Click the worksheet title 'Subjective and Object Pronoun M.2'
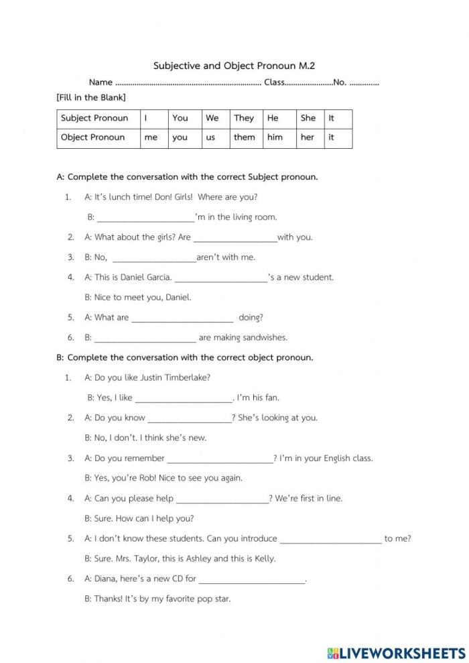(x=234, y=66)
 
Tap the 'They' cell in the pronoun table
(x=244, y=118)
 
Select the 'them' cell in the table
(x=244, y=137)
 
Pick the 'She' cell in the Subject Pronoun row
(x=308, y=118)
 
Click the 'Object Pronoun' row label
(x=93, y=137)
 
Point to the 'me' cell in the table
(x=151, y=137)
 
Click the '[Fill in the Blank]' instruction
(x=91, y=98)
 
